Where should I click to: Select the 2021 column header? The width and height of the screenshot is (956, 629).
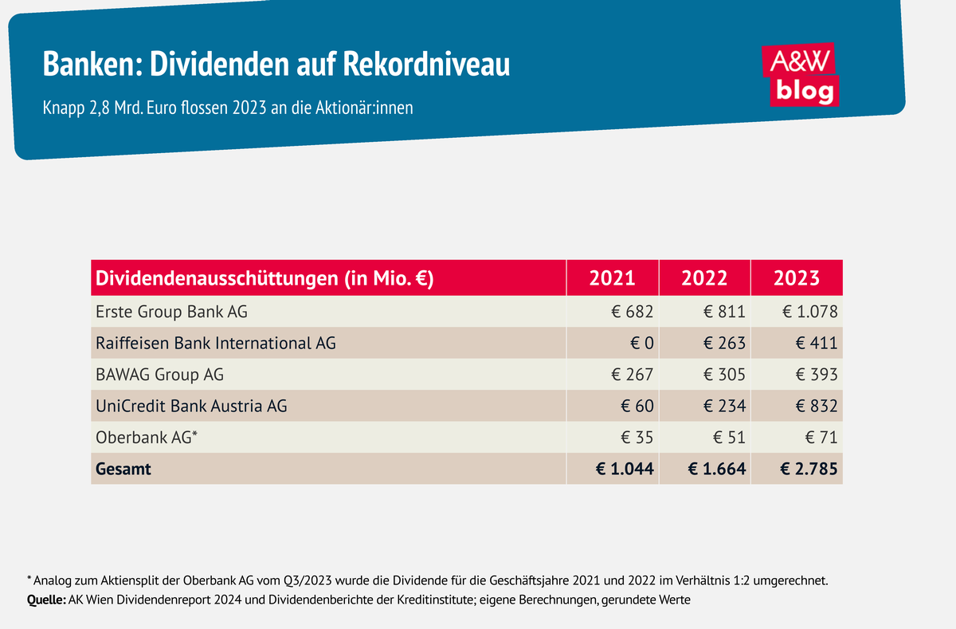612,277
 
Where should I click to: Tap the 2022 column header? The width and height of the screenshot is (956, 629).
704,277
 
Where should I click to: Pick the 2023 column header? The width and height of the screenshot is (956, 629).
797,277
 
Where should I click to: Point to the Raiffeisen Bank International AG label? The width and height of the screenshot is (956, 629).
215,343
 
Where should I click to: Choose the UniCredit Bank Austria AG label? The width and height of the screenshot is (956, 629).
191,406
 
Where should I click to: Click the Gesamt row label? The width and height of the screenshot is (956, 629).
123,470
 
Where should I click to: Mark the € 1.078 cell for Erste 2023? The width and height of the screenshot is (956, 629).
809,312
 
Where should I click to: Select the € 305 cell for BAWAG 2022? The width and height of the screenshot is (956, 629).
725,375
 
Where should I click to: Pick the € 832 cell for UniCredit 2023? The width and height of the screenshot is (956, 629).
817,406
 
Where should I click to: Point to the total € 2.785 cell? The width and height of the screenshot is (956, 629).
808,470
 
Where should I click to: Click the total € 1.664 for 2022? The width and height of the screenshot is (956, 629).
717,470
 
